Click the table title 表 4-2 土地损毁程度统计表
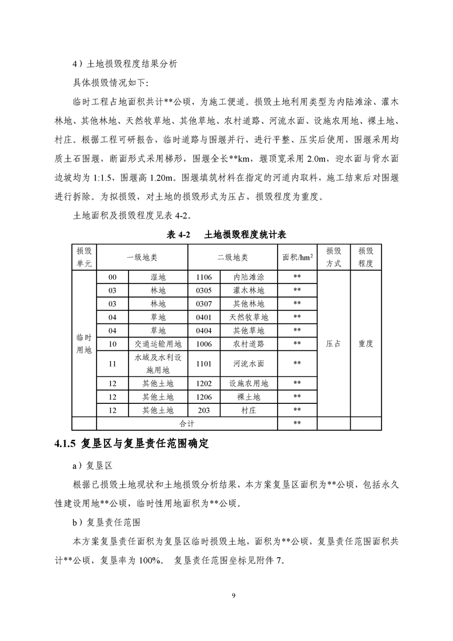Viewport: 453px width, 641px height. coord(226,235)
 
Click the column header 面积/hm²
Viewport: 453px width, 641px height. coord(297,257)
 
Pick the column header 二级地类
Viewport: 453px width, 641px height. coord(232,257)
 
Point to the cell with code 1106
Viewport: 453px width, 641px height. coord(204,277)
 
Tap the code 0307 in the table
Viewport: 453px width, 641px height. coord(204,304)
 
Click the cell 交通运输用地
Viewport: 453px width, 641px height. coord(158,344)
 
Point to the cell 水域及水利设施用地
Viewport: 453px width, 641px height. coord(158,363)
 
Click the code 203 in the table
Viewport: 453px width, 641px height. coord(204,410)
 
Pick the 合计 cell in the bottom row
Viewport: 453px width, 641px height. coord(187,423)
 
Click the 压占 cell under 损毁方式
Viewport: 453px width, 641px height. coord(334,344)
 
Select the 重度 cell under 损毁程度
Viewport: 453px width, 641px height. coord(366,344)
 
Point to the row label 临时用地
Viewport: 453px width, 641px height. coord(84,344)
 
